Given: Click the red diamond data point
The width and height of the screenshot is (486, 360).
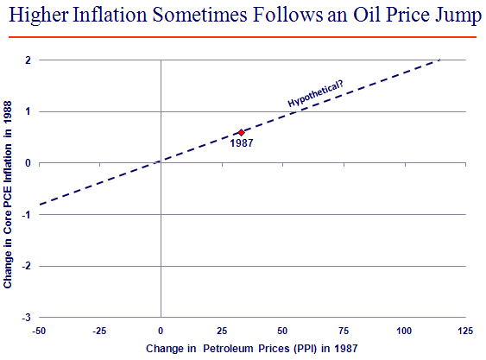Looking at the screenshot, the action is pos(241,132).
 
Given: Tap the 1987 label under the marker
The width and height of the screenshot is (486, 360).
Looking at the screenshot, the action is pos(242,143).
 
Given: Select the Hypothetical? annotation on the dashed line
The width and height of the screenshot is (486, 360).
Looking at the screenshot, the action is pos(315,93).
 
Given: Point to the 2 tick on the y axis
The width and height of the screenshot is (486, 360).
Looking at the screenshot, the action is pos(28,60).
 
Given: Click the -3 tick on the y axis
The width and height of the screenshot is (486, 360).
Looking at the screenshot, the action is pos(27,318).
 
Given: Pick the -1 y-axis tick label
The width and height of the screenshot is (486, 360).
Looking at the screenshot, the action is pos(27,215).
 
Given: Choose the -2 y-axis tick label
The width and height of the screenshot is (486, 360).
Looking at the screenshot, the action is pos(27,266).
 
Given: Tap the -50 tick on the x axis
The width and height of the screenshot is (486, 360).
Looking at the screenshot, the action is pos(39,332).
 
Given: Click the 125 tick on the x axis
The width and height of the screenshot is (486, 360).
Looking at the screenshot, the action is pos(465,332).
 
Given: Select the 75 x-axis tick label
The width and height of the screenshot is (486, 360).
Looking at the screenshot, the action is pos(344,332).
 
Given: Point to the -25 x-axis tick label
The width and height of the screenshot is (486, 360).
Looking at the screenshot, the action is pos(99,332).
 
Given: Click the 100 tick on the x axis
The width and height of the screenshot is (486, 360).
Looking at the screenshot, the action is pos(404,332).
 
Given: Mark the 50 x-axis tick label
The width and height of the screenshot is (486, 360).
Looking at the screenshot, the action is pos(282,332).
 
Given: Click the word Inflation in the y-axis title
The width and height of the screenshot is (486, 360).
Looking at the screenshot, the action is pos(8,164).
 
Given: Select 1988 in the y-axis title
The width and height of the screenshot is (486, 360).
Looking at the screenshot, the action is pos(8,112).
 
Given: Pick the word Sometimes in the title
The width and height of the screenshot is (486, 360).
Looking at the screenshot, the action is pos(200,15).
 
